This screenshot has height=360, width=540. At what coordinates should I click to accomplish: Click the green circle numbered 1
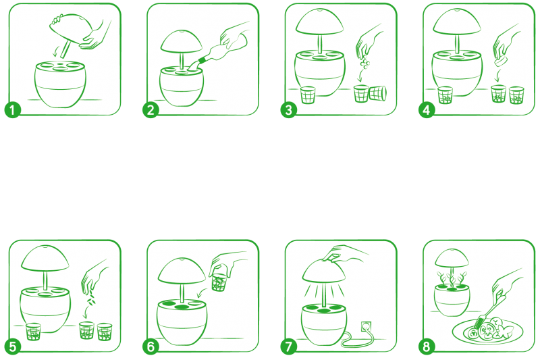coord(13,110)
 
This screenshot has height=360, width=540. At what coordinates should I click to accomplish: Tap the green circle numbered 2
coord(151,110)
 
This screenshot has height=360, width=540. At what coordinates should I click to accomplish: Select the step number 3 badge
coord(289,110)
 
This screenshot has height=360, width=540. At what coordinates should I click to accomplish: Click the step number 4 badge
coord(427,110)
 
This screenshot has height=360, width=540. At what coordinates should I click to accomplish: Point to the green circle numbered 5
coord(13,346)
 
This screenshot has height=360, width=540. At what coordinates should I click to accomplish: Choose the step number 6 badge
coord(151,346)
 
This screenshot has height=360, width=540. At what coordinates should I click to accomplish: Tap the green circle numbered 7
coord(289,346)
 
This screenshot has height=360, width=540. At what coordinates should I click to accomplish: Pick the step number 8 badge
coord(427,346)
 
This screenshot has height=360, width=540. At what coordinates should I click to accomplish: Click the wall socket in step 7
coord(366,326)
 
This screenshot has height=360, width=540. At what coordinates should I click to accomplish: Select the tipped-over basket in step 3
coord(378,93)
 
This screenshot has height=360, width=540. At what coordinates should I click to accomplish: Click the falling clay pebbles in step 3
coord(364,63)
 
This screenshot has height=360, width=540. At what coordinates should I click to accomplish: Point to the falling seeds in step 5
coord(90,299)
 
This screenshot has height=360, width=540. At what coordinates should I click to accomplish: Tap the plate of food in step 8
coord(487,331)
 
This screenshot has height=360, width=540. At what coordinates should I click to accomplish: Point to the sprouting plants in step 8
coord(452,279)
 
